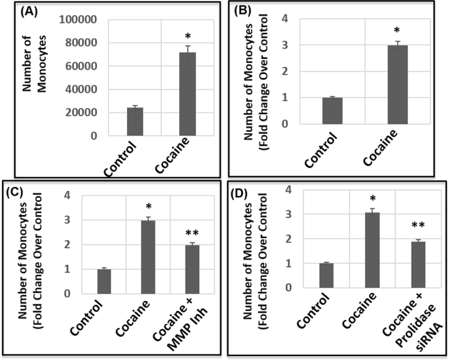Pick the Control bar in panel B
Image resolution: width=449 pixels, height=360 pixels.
point(332,111)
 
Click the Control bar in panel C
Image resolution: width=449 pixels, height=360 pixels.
point(104,281)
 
